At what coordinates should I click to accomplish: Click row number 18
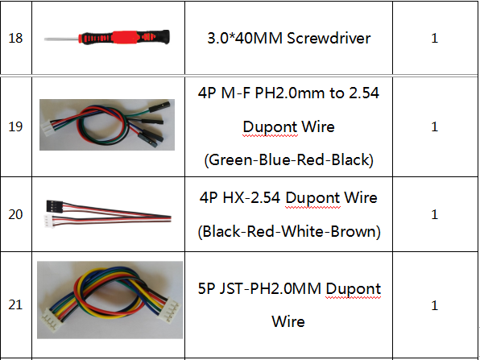click(15, 39)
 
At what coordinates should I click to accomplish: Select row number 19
click(15, 126)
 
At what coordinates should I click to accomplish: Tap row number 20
click(15, 214)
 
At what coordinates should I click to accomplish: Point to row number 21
click(15, 304)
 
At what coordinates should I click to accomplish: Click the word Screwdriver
click(329, 39)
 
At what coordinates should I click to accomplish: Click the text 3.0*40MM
click(245, 39)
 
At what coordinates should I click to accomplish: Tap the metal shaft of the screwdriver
click(62, 39)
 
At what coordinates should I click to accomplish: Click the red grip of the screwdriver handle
click(124, 37)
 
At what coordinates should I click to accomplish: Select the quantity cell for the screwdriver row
click(435, 38)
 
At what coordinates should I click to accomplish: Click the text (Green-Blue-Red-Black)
click(288, 160)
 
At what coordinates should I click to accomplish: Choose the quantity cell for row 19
click(435, 126)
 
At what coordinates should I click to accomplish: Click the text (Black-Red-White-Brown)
click(289, 231)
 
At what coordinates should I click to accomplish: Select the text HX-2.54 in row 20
click(251, 198)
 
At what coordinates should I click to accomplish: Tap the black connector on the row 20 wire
click(55, 205)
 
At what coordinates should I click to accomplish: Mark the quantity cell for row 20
click(435, 214)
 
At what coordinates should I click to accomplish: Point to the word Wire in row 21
click(288, 321)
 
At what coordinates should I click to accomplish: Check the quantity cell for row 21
click(435, 305)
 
